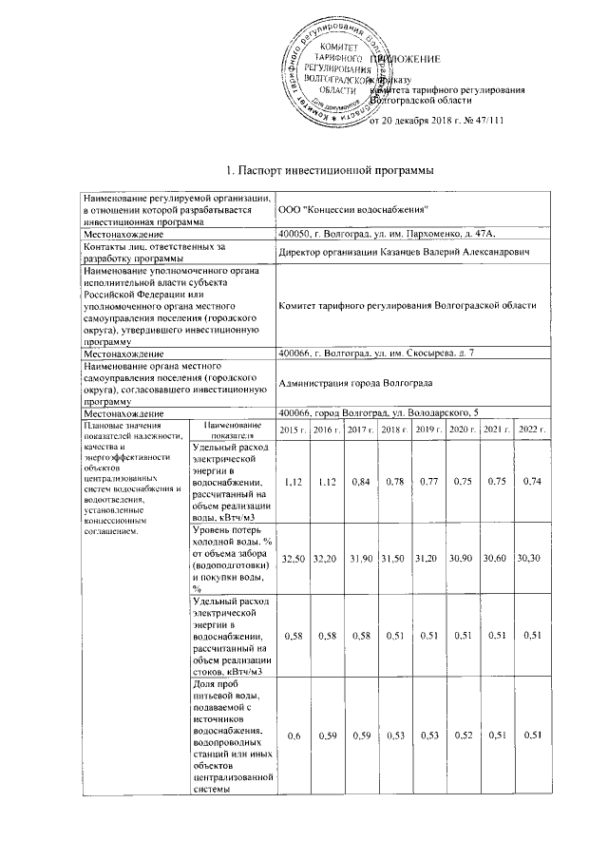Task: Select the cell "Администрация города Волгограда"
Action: point(356,382)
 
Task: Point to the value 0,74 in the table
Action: point(531,482)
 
